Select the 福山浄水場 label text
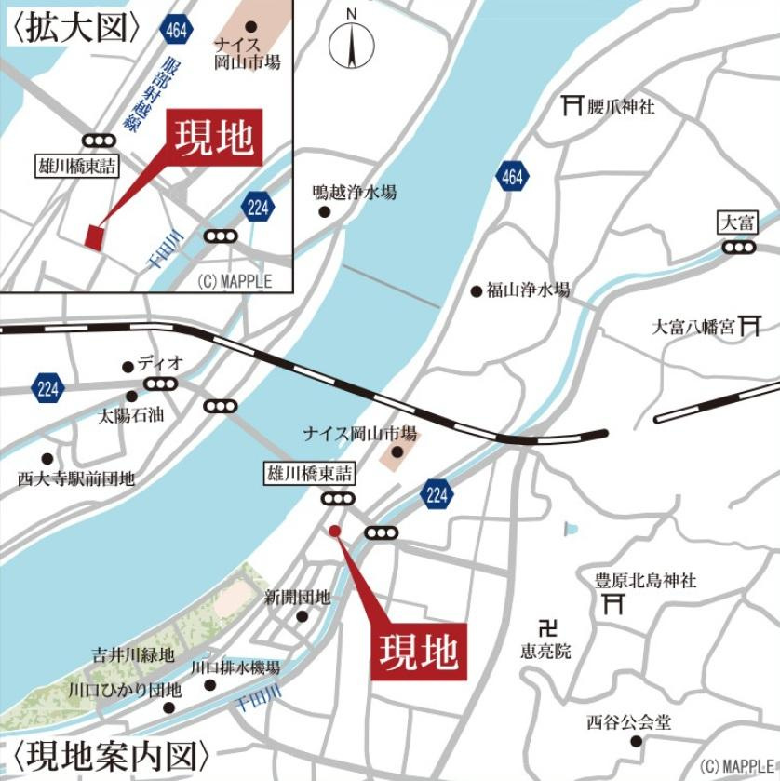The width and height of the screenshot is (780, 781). click(527, 290)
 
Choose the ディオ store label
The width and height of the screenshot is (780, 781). click(159, 364)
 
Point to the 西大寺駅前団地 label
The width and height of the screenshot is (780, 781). click(76, 478)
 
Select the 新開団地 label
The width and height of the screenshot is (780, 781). click(297, 597)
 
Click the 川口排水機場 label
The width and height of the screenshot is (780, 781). click(235, 668)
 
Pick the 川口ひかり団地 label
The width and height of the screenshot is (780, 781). click(125, 691)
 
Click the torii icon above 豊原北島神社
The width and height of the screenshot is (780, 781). click(612, 606)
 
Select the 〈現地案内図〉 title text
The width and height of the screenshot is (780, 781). click(112, 754)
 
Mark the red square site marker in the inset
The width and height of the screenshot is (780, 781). click(93, 237)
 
